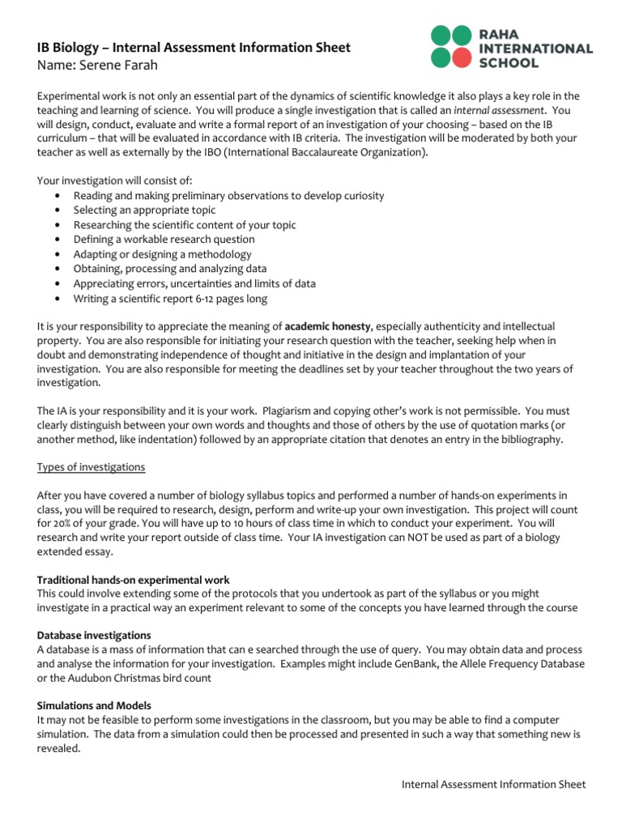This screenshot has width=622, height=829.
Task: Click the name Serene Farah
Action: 109,64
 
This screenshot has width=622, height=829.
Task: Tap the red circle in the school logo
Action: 460,57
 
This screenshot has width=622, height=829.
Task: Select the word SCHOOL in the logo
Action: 512,63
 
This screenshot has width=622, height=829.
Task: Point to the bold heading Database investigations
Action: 94,635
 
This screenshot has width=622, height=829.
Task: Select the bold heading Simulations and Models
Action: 94,706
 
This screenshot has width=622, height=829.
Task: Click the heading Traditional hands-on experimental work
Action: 134,580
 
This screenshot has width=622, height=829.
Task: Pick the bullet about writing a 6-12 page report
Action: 170,298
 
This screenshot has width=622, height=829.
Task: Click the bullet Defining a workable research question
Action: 164,240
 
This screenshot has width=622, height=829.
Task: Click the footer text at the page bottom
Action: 493,784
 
